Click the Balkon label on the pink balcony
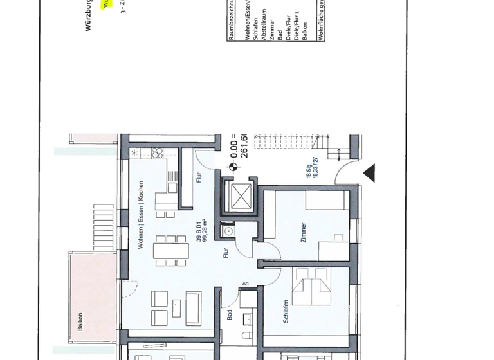click(x=80, y=321)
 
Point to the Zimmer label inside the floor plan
click(x=303, y=232)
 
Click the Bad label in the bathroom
click(x=230, y=315)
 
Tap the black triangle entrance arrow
click(x=369, y=172)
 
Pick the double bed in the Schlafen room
click(x=311, y=289)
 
